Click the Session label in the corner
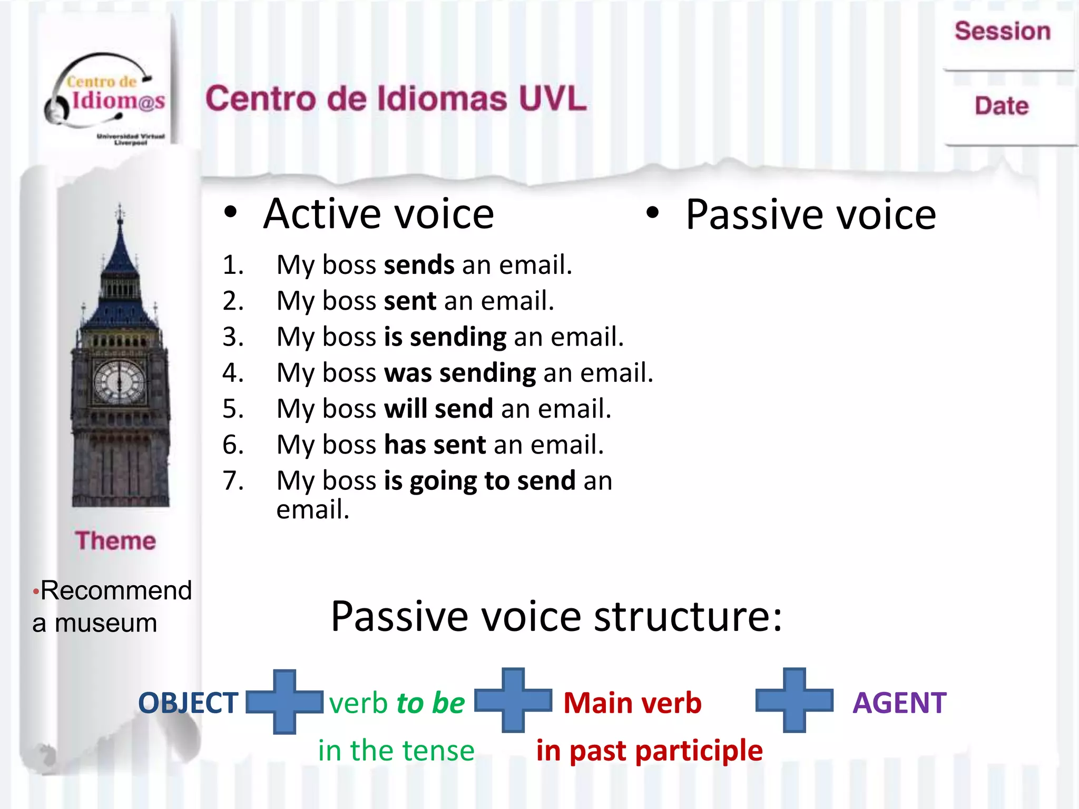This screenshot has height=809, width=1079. pos(1002,31)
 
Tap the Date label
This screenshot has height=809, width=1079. pos(1001,106)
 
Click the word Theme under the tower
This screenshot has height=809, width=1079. pos(115,541)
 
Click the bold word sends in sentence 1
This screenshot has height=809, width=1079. pos(419,265)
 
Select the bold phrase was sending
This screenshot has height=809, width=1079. pos(460,373)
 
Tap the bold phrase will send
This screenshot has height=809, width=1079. pos(438,409)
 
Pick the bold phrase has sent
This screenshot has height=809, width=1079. pos(435,445)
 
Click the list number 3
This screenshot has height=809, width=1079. pos(233,337)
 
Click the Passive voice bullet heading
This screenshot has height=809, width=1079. pos(810,215)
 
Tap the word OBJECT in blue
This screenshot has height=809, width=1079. pos(188,703)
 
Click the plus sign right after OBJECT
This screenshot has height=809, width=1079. pos(285,702)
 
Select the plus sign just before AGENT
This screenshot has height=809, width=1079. pos(794,701)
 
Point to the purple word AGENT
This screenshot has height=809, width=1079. pos(899,703)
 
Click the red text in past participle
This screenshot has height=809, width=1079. pos(649,751)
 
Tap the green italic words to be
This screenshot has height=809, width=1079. pos(430,703)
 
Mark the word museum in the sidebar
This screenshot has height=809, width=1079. pos(106,624)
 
